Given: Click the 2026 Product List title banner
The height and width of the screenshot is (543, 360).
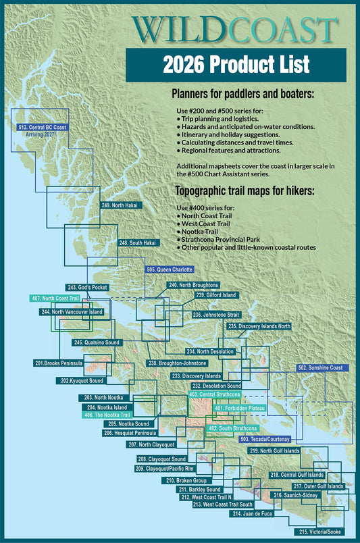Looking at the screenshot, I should point(236,64).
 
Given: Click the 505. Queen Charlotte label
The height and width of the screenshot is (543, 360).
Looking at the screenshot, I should point(174,269).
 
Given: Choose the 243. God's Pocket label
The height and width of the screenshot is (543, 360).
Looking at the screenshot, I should point(87,287).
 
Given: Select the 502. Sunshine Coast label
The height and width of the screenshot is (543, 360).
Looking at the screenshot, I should point(320,368).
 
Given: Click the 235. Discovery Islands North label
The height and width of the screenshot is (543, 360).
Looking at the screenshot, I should point(259,326).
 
